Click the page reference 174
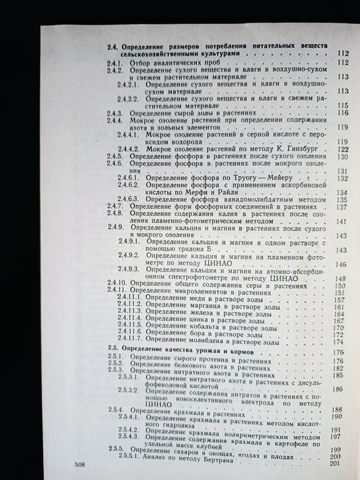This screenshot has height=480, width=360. [335, 341]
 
